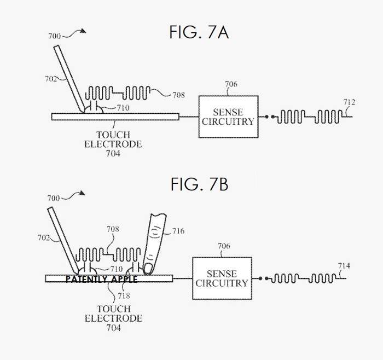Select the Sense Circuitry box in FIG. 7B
click(x=222, y=278)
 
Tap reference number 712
click(x=349, y=102)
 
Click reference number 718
click(x=113, y=294)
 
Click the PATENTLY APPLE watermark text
click(x=101, y=279)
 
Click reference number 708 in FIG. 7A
click(x=178, y=95)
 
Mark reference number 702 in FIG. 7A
click(x=50, y=78)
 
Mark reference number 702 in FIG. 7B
click(x=44, y=239)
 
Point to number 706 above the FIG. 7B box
click(x=224, y=247)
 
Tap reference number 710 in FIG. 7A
click(x=123, y=108)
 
